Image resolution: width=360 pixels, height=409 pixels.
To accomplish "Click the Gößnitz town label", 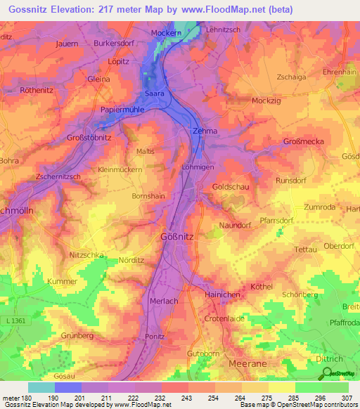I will [x=177, y=237].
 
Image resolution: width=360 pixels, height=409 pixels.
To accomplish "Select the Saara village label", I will [x=154, y=93].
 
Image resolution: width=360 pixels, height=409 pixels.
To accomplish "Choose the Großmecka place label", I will [x=303, y=142].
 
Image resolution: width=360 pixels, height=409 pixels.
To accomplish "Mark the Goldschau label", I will [x=231, y=188].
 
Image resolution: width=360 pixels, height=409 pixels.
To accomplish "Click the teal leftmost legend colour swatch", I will [x=41, y=387].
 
